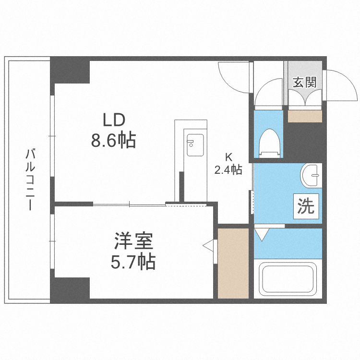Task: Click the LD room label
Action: (x=113, y=119)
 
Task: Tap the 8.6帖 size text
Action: (x=113, y=140)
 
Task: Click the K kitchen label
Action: (x=229, y=156)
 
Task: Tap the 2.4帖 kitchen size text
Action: (x=228, y=169)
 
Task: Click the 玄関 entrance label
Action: (x=304, y=82)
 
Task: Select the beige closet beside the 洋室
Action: (x=233, y=263)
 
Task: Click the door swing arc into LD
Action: (x=234, y=77)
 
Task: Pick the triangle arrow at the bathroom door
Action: (x=262, y=235)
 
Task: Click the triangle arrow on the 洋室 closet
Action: (x=208, y=246)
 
